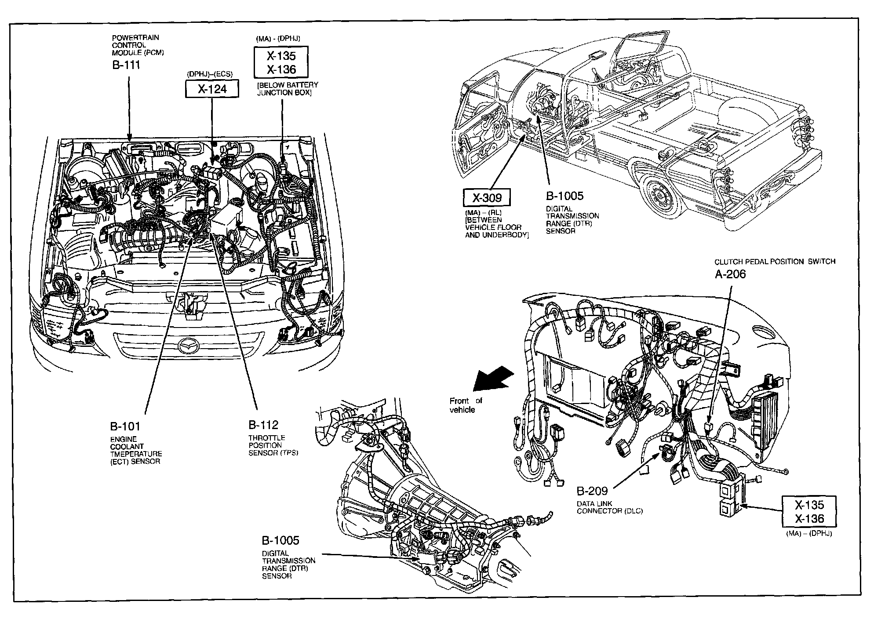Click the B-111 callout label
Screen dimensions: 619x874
[126, 65]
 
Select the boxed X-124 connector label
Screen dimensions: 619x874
[212, 89]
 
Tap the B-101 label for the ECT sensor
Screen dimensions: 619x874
[125, 426]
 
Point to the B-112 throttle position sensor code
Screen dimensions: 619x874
[263, 425]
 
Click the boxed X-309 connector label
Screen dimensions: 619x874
[487, 198]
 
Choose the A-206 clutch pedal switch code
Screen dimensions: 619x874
[730, 274]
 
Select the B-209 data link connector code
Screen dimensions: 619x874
[592, 491]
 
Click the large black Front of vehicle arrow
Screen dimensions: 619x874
[492, 379]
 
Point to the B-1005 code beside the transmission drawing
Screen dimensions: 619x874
[280, 541]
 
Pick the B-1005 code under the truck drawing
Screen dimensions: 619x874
[564, 196]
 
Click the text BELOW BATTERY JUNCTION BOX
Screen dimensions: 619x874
[288, 89]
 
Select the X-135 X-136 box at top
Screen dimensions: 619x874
[281, 62]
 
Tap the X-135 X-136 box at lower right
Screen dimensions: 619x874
[809, 512]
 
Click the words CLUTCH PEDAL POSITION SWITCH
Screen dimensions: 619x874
[775, 262]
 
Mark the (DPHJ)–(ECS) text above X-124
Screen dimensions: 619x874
[210, 74]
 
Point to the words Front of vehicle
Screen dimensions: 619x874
[465, 405]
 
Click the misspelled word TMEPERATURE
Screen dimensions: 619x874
[136, 454]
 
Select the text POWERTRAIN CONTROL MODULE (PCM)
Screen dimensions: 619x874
[138, 45]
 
